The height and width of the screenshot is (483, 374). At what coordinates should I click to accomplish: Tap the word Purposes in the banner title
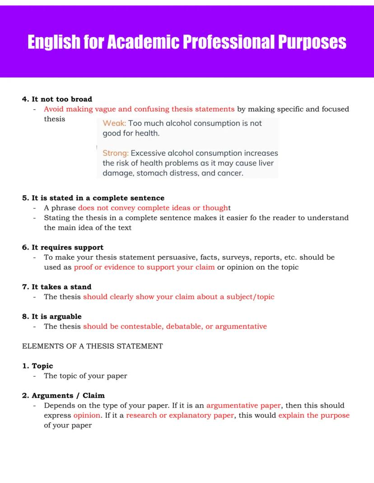coord(312,42)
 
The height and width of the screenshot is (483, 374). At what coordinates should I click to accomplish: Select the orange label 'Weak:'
coord(115,123)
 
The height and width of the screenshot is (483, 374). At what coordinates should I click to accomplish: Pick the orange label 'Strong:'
coord(116,153)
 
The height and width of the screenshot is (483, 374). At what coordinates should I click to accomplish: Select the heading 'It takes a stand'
coord(61,287)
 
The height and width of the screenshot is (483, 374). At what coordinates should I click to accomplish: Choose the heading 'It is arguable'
coord(56,317)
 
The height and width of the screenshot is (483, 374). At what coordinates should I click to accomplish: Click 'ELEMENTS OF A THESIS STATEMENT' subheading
coord(93,346)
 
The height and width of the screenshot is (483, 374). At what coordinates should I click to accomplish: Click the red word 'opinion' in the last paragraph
coord(87,415)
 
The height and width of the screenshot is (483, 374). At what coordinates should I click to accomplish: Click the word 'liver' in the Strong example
coord(265,163)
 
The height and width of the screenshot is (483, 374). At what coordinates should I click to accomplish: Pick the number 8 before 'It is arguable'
coord(25,317)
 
